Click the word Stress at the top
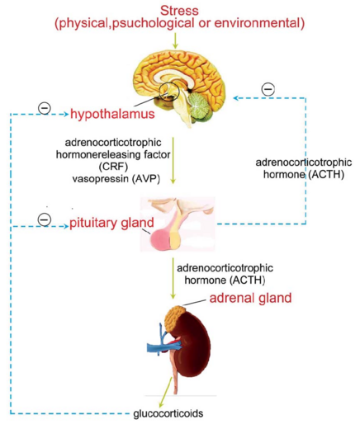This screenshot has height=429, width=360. point(179,11)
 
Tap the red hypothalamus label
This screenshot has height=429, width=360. point(112,114)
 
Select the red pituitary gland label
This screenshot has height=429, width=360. point(111,223)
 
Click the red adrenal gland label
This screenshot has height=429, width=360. point(250,298)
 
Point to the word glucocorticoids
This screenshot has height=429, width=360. point(168,413)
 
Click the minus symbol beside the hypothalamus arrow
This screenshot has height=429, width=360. point(45,108)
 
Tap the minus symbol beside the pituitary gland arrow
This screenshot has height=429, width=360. point(45,219)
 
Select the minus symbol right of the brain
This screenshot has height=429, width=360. point(268,89)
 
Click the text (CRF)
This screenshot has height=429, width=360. point(113,167)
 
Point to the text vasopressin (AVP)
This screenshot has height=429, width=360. point(116,179)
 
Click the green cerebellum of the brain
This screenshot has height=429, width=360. point(200,106)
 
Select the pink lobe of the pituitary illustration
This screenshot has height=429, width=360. point(160,239)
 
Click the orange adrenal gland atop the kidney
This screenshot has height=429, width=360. point(175,319)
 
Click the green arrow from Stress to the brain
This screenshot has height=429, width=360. point(174,40)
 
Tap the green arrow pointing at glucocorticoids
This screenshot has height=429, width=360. point(166,392)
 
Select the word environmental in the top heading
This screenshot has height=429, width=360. point(259,23)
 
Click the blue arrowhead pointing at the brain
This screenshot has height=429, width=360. point(236,98)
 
